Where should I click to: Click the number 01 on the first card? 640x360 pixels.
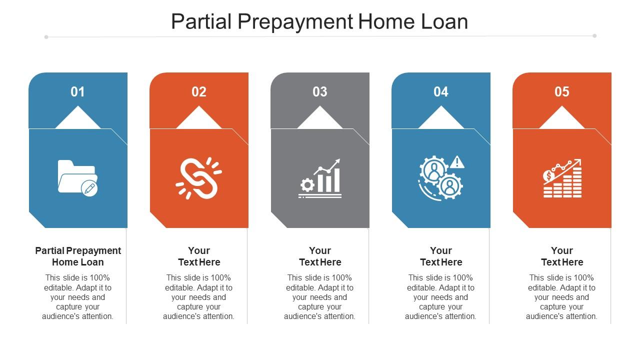pyautogui.click(x=77, y=91)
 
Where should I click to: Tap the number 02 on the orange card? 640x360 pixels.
pyautogui.click(x=199, y=91)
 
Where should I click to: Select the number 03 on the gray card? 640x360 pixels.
pyautogui.click(x=319, y=91)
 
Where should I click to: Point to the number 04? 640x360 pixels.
pyautogui.click(x=441, y=91)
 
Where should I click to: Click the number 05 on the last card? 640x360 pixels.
pyautogui.click(x=561, y=91)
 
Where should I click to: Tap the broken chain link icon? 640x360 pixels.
pyautogui.click(x=198, y=178)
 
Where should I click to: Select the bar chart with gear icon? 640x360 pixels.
pyautogui.click(x=319, y=178)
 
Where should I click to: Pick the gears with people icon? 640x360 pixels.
pyautogui.click(x=441, y=177)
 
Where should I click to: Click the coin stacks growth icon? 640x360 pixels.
pyautogui.click(x=562, y=178)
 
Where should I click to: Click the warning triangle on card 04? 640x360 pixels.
pyautogui.click(x=457, y=162)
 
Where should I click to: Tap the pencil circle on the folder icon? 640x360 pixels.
pyautogui.click(x=89, y=188)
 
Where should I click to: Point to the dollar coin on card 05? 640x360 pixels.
pyautogui.click(x=548, y=176)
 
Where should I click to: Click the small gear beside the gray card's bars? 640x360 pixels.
pyautogui.click(x=307, y=185)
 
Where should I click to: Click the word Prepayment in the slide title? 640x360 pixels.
pyautogui.click(x=295, y=22)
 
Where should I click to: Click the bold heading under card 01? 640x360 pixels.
pyautogui.click(x=78, y=256)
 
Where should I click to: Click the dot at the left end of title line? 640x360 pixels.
pyautogui.click(x=46, y=37)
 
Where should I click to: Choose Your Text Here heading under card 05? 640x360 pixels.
pyautogui.click(x=562, y=256)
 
